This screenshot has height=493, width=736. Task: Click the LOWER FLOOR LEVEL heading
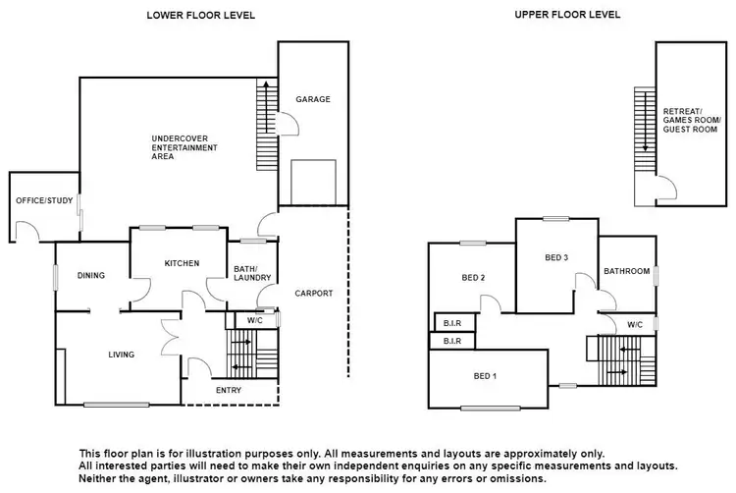pyautogui.click(x=201, y=15)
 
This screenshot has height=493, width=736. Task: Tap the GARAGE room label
pyautogui.click(x=313, y=99)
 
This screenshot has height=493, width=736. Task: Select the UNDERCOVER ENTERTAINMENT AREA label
pyautogui.click(x=184, y=146)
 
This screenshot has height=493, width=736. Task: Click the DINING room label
pyautogui.click(x=90, y=275)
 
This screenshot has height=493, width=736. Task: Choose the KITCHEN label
pyautogui.click(x=183, y=263)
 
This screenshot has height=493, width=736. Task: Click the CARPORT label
pyautogui.click(x=314, y=293)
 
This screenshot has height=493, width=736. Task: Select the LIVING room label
pyautogui.click(x=122, y=355)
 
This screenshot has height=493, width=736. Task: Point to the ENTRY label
pyautogui.click(x=228, y=390)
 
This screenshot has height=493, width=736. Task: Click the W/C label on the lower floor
pyautogui.click(x=254, y=320)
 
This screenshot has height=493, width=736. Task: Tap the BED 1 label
pyautogui.click(x=485, y=376)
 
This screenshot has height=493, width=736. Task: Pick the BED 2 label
pyautogui.click(x=473, y=278)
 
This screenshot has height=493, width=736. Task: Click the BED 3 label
pyautogui.click(x=556, y=257)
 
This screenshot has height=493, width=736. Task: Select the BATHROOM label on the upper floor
pyautogui.click(x=626, y=271)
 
